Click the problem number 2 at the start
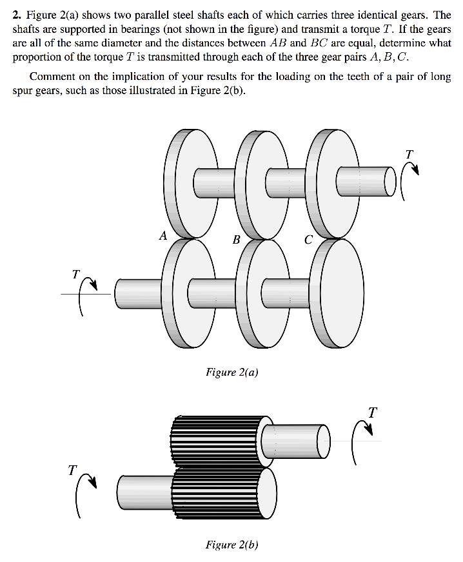[x=17, y=15]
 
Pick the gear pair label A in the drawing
[x=164, y=235]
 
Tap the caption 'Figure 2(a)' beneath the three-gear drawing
[x=231, y=372]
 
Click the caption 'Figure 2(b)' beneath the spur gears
[x=231, y=545]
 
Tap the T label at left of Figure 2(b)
[x=72, y=470]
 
